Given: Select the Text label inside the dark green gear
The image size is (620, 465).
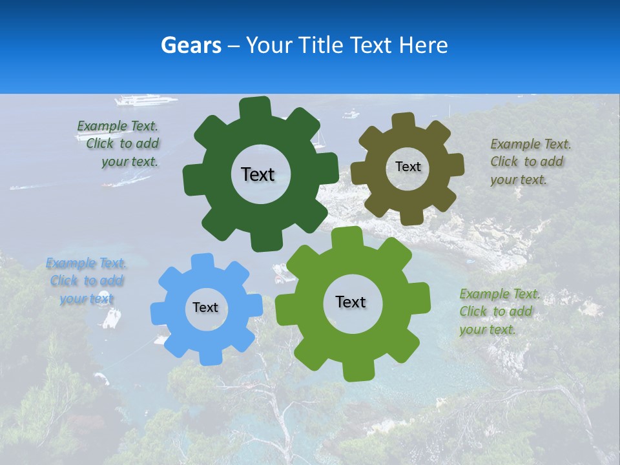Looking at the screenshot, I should click(258, 174).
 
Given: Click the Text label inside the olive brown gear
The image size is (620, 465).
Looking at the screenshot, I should click(408, 167).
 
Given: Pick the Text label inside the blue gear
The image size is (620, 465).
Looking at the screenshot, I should click(205, 307).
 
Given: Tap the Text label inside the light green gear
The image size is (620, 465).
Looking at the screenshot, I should click(351, 302).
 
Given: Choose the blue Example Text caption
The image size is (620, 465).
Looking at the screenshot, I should click(87, 281).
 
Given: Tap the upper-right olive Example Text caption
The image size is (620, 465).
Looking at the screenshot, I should click(530, 161).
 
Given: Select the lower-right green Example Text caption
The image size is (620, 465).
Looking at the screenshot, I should click(499, 311).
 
